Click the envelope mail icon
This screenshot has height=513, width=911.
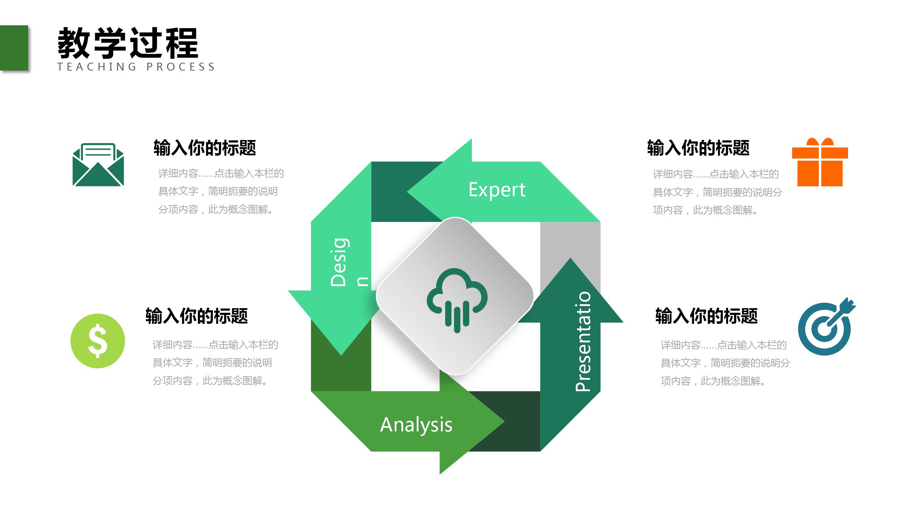coord(98,165)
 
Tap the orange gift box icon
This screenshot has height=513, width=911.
coord(820,162)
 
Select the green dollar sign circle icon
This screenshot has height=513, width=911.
coord(98,341)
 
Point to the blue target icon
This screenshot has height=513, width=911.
coord(825,328)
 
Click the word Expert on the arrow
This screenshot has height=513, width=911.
coord(497,190)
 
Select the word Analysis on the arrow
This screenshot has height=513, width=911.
coord(416,425)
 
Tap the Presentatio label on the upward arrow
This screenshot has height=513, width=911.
coord(583,341)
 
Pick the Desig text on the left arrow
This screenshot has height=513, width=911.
coord(339,262)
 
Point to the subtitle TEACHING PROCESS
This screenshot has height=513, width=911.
coord(136,67)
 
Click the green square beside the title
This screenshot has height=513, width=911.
coord(14,48)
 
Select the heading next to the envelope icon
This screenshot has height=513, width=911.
coord(205,148)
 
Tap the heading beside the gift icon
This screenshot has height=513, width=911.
coord(698,148)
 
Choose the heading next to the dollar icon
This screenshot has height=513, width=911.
coord(196,316)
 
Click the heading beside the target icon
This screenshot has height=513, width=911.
coord(706,316)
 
